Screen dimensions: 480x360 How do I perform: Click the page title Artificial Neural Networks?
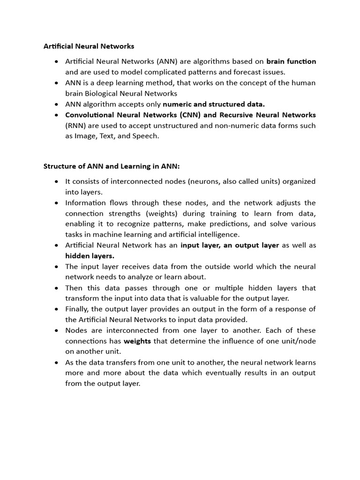pyautogui.click(x=89, y=46)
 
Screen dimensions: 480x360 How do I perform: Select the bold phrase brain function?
pyautogui.click(x=291, y=61)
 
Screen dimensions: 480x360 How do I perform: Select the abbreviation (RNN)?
pyautogui.click(x=75, y=126)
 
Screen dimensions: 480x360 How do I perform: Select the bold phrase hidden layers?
pyautogui.click(x=90, y=256)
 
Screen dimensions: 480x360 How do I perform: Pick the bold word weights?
pyautogui.click(x=137, y=341)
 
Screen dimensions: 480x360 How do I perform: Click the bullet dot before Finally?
pyautogui.click(x=57, y=309)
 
